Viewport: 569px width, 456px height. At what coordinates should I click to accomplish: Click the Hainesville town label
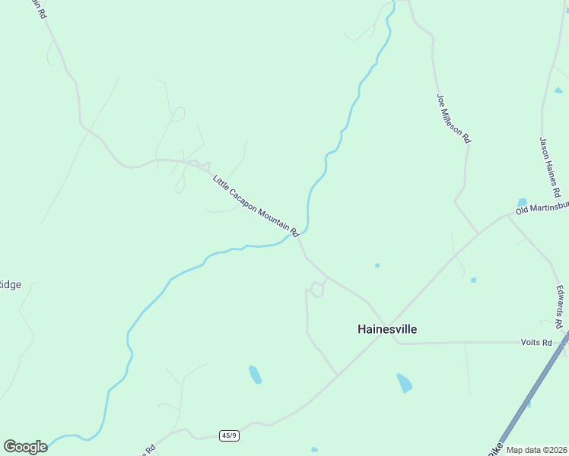[387, 329]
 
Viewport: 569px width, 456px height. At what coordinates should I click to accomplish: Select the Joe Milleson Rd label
[453, 119]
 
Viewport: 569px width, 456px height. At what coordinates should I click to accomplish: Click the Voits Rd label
[536, 343]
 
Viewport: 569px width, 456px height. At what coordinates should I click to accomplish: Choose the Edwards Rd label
[559, 307]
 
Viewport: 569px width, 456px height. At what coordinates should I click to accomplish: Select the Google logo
[25, 447]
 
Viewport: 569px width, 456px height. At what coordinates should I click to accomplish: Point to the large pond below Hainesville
[404, 382]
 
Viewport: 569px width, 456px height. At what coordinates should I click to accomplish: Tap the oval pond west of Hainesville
[256, 375]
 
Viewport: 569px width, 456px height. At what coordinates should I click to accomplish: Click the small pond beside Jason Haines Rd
[522, 202]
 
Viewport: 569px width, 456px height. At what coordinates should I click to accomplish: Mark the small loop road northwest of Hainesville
[316, 289]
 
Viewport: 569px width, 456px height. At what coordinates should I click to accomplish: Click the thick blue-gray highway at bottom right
[525, 403]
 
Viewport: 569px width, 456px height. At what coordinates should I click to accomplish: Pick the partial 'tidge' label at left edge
[10, 285]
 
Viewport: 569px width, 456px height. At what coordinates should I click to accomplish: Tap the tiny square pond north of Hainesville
[377, 265]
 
